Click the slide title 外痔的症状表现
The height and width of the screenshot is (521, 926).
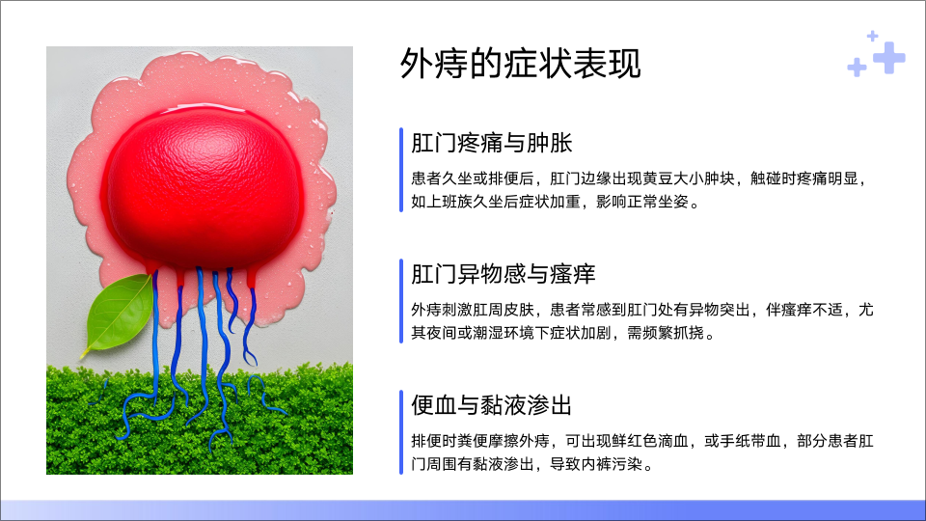pyautogui.click(x=520, y=64)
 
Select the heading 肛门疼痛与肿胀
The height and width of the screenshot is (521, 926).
pyautogui.click(x=492, y=143)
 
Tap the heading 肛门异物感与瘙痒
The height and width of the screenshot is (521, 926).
pyautogui.click(x=504, y=274)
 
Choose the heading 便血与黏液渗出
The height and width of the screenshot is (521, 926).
pyautogui.click(x=492, y=405)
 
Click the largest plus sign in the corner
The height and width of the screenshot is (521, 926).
pyautogui.click(x=888, y=57)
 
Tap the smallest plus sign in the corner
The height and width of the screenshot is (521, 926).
pyautogui.click(x=872, y=36)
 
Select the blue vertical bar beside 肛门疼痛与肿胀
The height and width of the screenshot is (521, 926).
pyautogui.click(x=401, y=170)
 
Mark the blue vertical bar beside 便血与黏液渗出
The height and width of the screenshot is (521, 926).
pyautogui.click(x=401, y=432)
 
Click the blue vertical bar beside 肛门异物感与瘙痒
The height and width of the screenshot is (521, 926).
pyautogui.click(x=401, y=301)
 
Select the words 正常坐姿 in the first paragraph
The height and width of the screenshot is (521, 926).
pyautogui.click(x=657, y=202)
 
